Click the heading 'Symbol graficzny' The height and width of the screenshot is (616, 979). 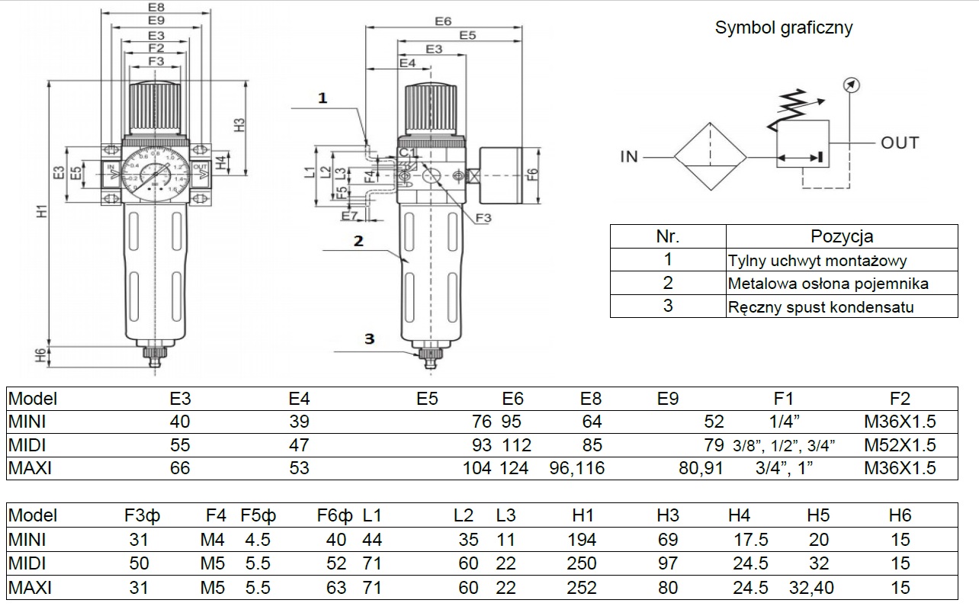783,28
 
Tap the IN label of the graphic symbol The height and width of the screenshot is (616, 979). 628,157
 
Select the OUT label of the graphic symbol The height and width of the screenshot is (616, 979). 900,143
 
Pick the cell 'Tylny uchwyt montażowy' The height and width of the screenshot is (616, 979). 817,261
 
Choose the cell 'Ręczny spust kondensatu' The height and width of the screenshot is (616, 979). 820,307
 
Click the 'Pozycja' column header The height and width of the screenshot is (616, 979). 842,236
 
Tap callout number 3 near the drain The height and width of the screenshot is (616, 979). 369,338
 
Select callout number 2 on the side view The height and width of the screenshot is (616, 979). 358,241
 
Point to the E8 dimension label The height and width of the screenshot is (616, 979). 156,8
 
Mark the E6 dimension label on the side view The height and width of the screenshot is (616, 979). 444,21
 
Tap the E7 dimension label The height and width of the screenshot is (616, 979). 349,217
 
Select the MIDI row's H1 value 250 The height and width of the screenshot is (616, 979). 582,563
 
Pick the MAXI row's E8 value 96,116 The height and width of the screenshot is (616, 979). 576,467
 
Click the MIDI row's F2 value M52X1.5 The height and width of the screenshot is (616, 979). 900,444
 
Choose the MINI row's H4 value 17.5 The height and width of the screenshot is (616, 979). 750,540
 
